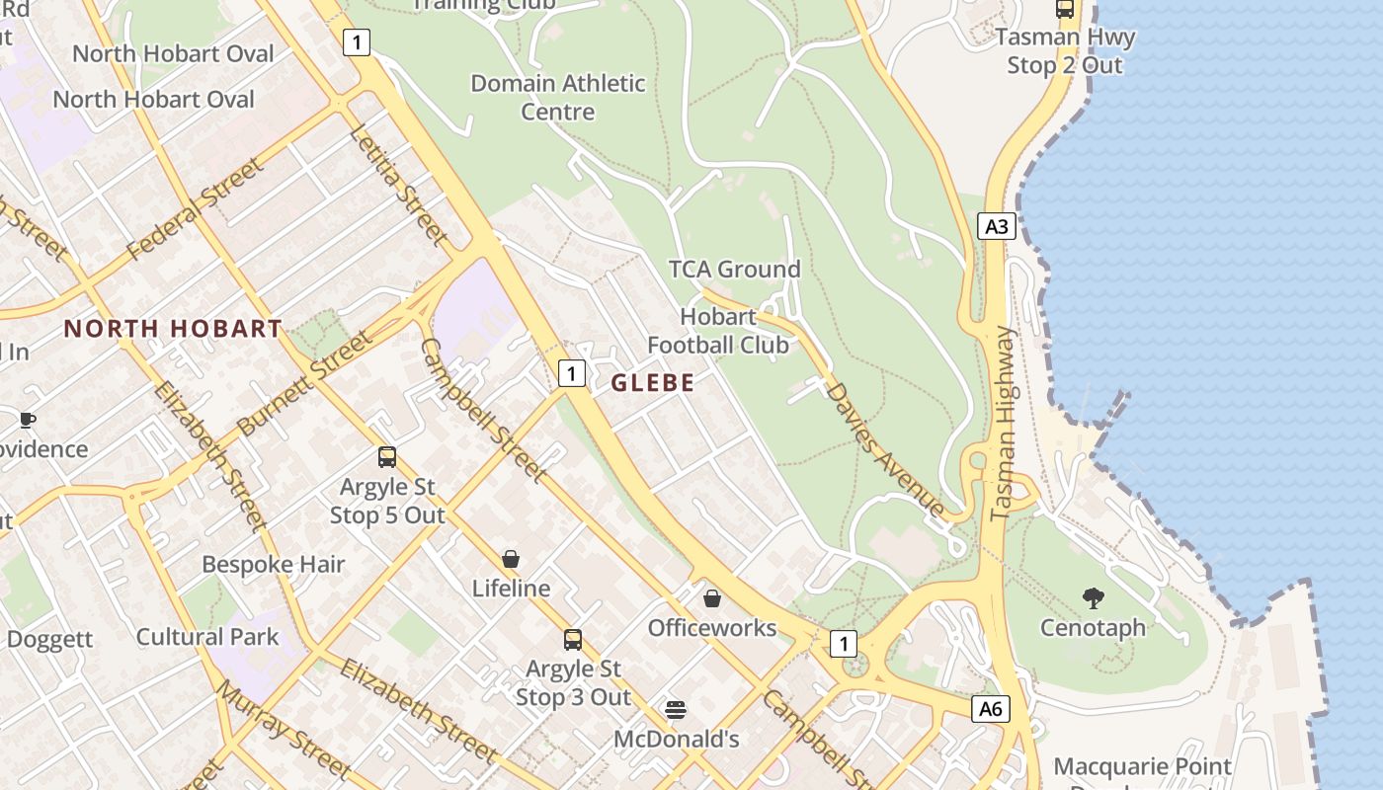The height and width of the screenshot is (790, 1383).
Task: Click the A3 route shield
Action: click(997, 226)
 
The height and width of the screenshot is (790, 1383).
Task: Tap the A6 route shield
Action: click(991, 708)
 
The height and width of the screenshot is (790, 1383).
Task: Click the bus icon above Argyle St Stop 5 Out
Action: click(387, 457)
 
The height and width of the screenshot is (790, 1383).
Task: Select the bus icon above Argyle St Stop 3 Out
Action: click(573, 639)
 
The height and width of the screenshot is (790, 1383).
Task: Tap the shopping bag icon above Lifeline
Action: click(511, 559)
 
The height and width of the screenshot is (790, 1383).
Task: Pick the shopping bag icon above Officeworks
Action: click(711, 597)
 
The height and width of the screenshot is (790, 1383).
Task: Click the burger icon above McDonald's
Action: click(676, 709)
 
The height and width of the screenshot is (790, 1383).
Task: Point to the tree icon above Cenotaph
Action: click(1093, 597)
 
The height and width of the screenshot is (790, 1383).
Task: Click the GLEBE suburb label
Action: click(653, 383)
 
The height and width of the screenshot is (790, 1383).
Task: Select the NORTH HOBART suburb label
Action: click(173, 329)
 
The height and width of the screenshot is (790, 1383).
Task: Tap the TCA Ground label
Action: click(734, 269)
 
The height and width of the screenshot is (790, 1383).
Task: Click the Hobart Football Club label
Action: click(718, 331)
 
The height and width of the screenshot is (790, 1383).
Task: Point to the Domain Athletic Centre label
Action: click(558, 97)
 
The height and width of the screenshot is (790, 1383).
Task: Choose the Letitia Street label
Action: click(398, 185)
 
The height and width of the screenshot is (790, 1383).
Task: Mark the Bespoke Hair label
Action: click(273, 564)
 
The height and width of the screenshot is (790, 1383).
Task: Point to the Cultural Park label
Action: click(207, 636)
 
